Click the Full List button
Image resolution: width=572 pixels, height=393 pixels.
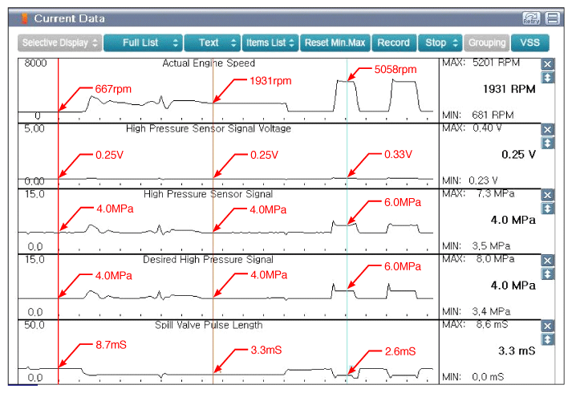(x=143, y=43)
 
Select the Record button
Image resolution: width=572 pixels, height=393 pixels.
(x=393, y=43)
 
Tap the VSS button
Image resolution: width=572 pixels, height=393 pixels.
(x=529, y=43)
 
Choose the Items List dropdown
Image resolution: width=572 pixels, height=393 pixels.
(x=270, y=43)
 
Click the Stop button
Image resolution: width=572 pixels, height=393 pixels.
(x=440, y=43)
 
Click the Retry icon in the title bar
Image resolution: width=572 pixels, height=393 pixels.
(x=531, y=18)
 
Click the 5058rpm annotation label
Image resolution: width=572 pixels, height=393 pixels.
(x=396, y=69)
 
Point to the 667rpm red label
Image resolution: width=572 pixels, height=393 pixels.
(x=113, y=89)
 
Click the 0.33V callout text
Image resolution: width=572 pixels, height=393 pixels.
(x=398, y=154)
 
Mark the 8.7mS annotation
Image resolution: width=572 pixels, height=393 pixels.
(x=111, y=345)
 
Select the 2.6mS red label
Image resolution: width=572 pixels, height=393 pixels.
(x=400, y=351)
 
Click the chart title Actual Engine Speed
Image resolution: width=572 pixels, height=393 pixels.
(x=209, y=63)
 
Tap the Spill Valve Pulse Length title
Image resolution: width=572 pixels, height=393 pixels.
(x=209, y=325)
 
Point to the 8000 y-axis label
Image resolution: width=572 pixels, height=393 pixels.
(x=35, y=63)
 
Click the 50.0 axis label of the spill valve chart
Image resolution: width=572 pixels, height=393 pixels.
(x=34, y=325)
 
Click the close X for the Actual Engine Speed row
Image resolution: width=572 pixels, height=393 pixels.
(x=547, y=64)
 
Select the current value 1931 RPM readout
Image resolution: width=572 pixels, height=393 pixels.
(x=509, y=89)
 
